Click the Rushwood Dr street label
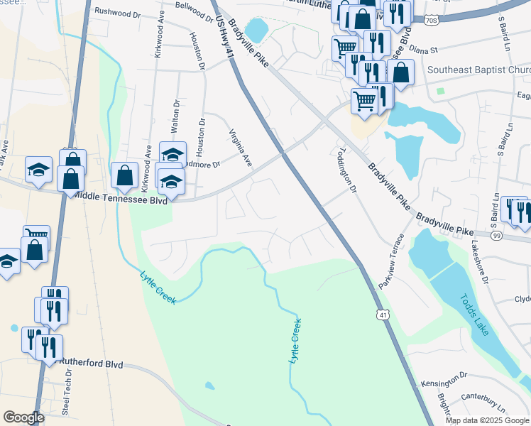[118, 13]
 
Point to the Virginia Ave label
[241, 148]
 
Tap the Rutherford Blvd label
[91, 364]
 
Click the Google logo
[23, 417]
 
